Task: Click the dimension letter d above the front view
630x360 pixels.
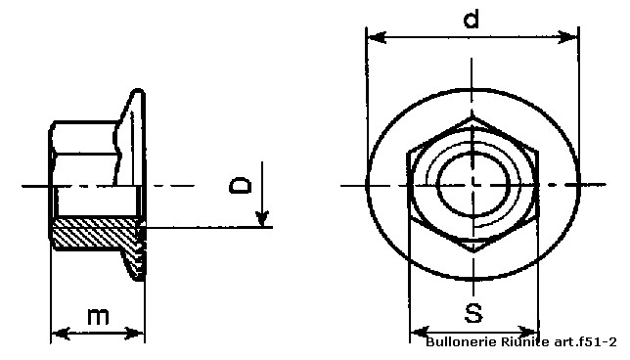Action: click(471, 19)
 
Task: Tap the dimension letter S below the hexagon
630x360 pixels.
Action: click(473, 313)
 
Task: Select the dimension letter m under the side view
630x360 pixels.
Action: click(98, 317)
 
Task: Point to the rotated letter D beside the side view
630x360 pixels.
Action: click(240, 185)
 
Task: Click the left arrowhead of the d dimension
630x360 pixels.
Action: click(377, 37)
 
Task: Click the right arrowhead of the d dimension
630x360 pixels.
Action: click(568, 37)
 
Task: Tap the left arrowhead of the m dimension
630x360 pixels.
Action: click(61, 333)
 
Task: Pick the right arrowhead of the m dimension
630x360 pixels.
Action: click(134, 333)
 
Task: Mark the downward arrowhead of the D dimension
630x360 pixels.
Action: click(262, 218)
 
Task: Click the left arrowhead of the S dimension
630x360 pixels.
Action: click(421, 333)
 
